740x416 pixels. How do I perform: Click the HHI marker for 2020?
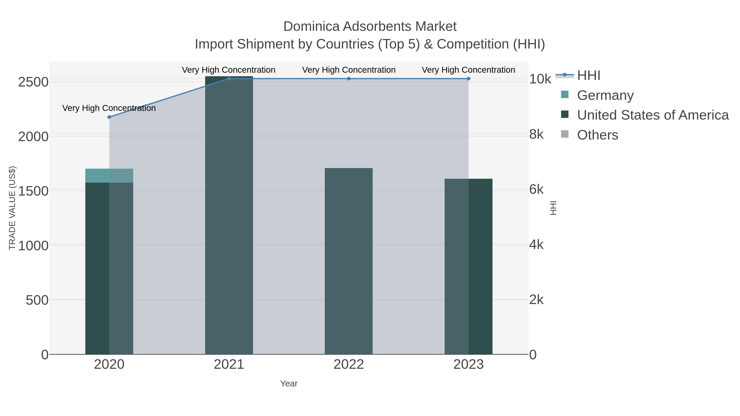(109, 117)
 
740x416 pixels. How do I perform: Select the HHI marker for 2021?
(229, 79)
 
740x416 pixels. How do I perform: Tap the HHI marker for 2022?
(349, 79)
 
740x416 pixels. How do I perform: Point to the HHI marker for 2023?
(468, 79)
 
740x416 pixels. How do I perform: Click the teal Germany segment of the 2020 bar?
(109, 176)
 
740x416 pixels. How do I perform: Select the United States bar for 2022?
(349, 261)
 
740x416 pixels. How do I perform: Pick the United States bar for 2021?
(229, 215)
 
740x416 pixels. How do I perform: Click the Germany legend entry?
(605, 95)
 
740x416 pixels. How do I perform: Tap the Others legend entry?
(598, 135)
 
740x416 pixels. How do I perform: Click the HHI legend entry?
(588, 76)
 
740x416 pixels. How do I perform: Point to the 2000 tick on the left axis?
(33, 137)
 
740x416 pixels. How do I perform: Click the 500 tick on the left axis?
(37, 300)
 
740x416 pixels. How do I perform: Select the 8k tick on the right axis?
(536, 134)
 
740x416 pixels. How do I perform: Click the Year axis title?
(289, 384)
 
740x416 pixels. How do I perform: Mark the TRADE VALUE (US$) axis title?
(12, 208)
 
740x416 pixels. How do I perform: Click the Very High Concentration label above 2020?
(109, 108)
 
